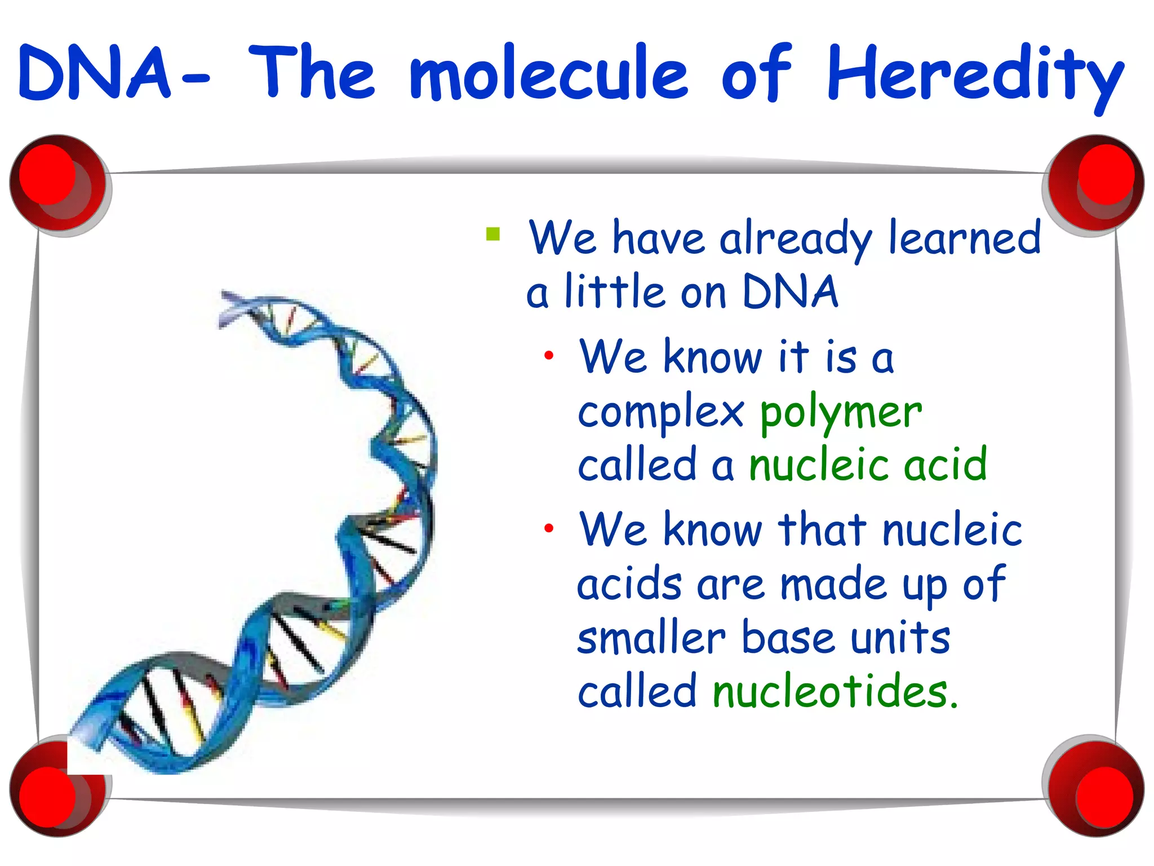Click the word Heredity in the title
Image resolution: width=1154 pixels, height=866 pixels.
pos(975,76)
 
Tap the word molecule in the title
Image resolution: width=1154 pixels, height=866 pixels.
pos(549,76)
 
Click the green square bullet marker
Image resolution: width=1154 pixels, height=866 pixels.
pos(493,233)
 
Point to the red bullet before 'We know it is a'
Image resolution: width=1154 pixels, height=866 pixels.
pos(549,356)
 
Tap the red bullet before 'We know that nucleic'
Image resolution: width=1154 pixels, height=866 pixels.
pos(549,528)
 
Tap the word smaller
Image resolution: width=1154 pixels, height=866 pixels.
pos(651,639)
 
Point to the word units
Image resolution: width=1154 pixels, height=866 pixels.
pos(900,639)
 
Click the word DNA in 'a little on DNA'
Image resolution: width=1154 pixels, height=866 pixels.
pos(790,292)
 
